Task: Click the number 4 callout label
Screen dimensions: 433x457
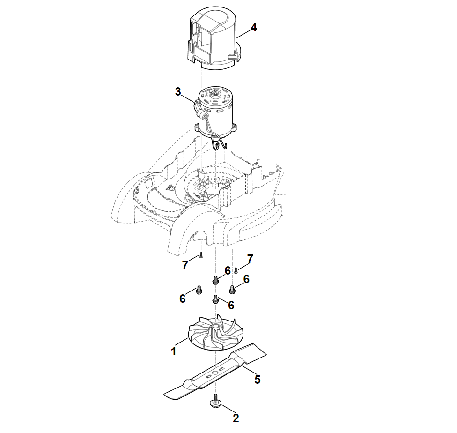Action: (x=253, y=28)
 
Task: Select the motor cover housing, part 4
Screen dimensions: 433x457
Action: (x=215, y=40)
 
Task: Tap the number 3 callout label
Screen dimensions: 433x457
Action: (x=178, y=92)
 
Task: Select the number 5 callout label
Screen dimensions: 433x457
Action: (x=257, y=380)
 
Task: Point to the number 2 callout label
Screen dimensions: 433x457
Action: (x=236, y=417)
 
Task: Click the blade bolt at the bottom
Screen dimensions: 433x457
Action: (x=215, y=403)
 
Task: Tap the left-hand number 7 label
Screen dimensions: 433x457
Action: (x=185, y=266)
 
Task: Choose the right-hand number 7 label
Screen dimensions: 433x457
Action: (x=250, y=259)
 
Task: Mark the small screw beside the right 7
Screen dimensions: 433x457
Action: (x=236, y=270)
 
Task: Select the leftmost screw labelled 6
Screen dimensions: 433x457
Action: (x=199, y=290)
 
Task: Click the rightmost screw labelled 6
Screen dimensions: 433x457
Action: (x=232, y=288)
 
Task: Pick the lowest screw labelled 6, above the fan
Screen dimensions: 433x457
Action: (x=216, y=299)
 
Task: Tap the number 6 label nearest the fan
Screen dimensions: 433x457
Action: (x=231, y=305)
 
